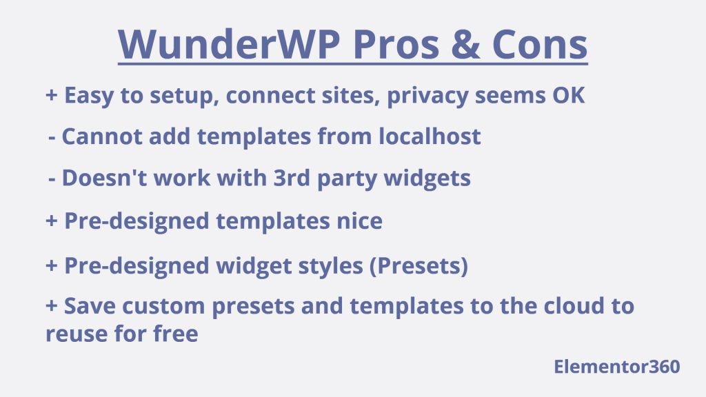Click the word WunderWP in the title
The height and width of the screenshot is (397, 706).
click(229, 44)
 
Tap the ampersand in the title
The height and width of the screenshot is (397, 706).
click(465, 44)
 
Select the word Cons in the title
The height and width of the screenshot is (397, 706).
click(540, 44)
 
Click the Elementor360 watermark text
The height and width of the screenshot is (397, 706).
click(617, 367)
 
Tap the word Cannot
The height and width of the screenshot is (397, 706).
click(102, 136)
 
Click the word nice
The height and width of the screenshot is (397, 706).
click(360, 221)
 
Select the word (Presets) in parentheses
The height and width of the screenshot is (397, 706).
click(418, 266)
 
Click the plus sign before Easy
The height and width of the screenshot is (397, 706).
click(52, 95)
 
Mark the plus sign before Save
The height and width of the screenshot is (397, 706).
click(52, 305)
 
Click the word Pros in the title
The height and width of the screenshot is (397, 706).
click(396, 44)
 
